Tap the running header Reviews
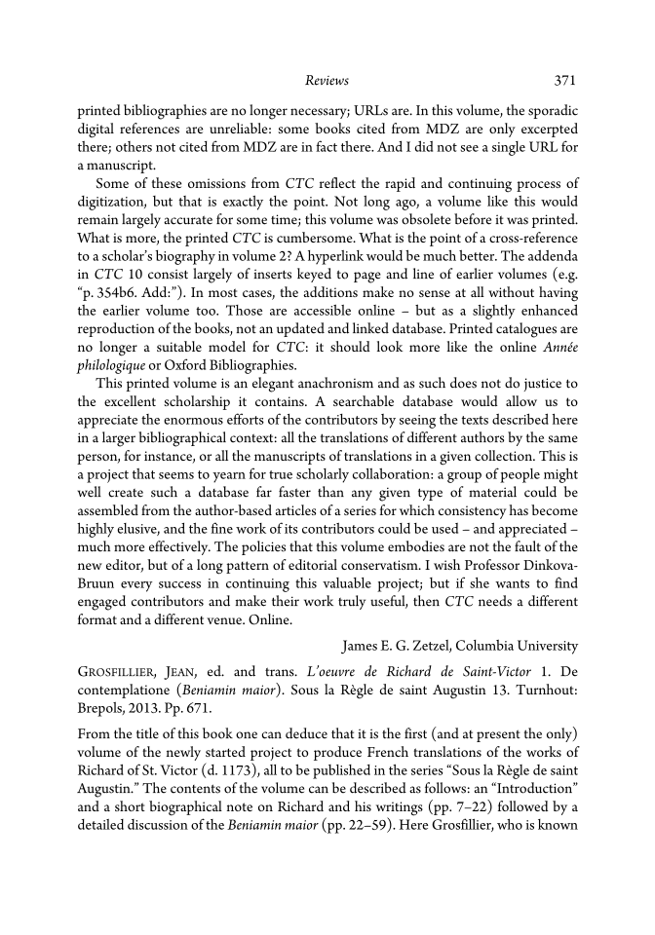pyautogui.click(x=327, y=81)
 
